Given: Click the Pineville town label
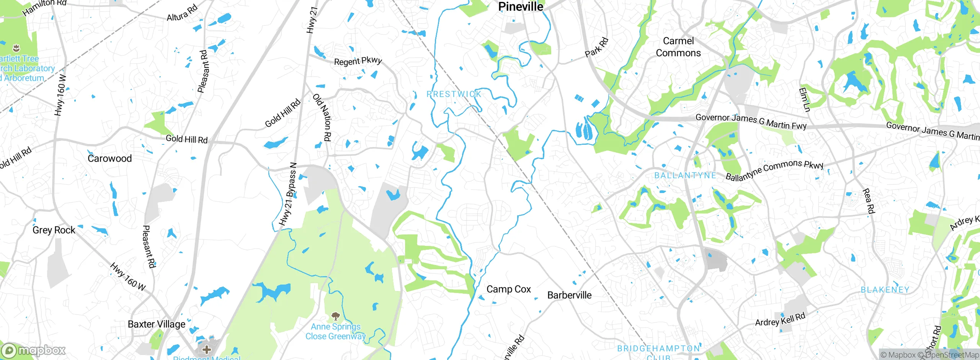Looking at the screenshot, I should coord(521,7).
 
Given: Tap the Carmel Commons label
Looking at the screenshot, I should coord(678,47).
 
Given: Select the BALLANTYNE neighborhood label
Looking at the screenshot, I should coord(685,175).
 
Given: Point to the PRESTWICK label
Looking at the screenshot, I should coord(454,94).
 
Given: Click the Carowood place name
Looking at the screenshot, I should coord(109,158).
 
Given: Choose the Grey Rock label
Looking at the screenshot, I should coord(54,230).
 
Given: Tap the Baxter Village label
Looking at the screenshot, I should coord(157,324).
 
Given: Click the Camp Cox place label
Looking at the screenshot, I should coord(508,289).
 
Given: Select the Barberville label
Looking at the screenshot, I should coord(569,295).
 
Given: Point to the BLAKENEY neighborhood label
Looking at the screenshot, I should coord(885,290).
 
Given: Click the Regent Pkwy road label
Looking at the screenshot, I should coord(358,61).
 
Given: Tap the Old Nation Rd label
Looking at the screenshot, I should coord(322,117).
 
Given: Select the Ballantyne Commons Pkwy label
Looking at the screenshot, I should coord(774,170).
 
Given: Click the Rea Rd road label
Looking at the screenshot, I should coord(869,201).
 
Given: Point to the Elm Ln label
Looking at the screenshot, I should coord(804,100).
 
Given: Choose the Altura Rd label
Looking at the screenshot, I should coord(182,13).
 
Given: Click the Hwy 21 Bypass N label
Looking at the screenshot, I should coord(288,194).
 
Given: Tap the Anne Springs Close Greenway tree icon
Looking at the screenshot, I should coord(336,316).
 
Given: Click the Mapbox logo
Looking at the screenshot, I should coord(33,350).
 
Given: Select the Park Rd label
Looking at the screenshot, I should coord(596,47).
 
